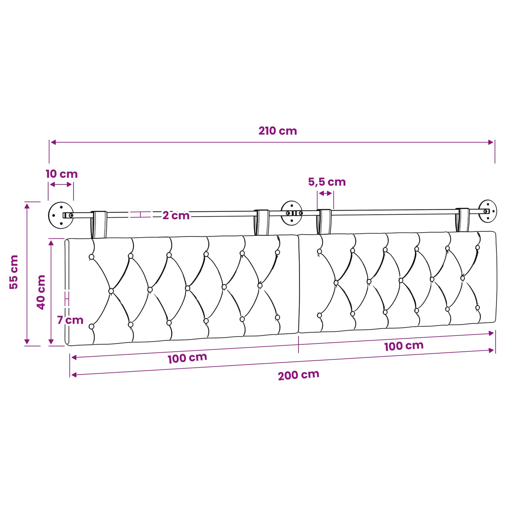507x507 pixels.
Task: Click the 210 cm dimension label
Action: point(278,131)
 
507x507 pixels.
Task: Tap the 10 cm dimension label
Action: point(61,174)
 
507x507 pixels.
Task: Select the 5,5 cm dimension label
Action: point(327,182)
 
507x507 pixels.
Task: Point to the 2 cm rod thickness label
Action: point(176,215)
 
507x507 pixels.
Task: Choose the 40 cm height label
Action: point(41,292)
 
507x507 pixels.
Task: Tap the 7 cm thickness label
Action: point(70,320)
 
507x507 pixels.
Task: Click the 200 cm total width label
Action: point(298,375)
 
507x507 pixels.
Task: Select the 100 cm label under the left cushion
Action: point(187,358)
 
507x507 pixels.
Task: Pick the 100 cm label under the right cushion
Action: point(404,346)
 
